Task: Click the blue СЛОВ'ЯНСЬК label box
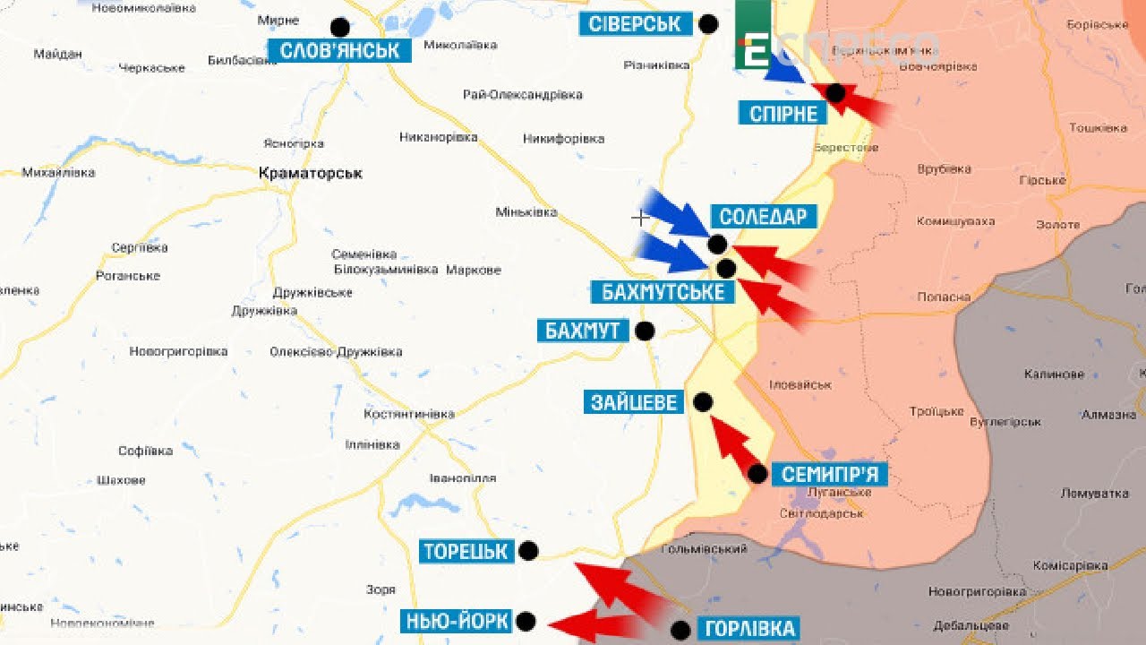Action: [x=339, y=50]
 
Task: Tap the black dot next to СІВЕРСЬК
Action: [x=708, y=24]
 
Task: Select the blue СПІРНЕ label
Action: [x=783, y=113]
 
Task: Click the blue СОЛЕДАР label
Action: [x=763, y=216]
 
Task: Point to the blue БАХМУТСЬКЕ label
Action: [x=663, y=291]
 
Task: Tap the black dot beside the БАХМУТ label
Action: [x=645, y=331]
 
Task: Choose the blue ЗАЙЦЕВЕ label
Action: [x=634, y=402]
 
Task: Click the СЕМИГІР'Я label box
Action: [x=830, y=474]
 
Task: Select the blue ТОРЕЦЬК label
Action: [x=466, y=551]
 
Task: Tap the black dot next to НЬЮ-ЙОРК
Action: [x=526, y=621]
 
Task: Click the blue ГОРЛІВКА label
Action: [x=750, y=629]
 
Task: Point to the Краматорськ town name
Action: [x=310, y=173]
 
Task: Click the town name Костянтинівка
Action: [x=409, y=414]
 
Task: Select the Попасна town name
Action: [x=944, y=297]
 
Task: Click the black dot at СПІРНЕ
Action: [x=835, y=92]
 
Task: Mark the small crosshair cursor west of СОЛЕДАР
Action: [x=641, y=217]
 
